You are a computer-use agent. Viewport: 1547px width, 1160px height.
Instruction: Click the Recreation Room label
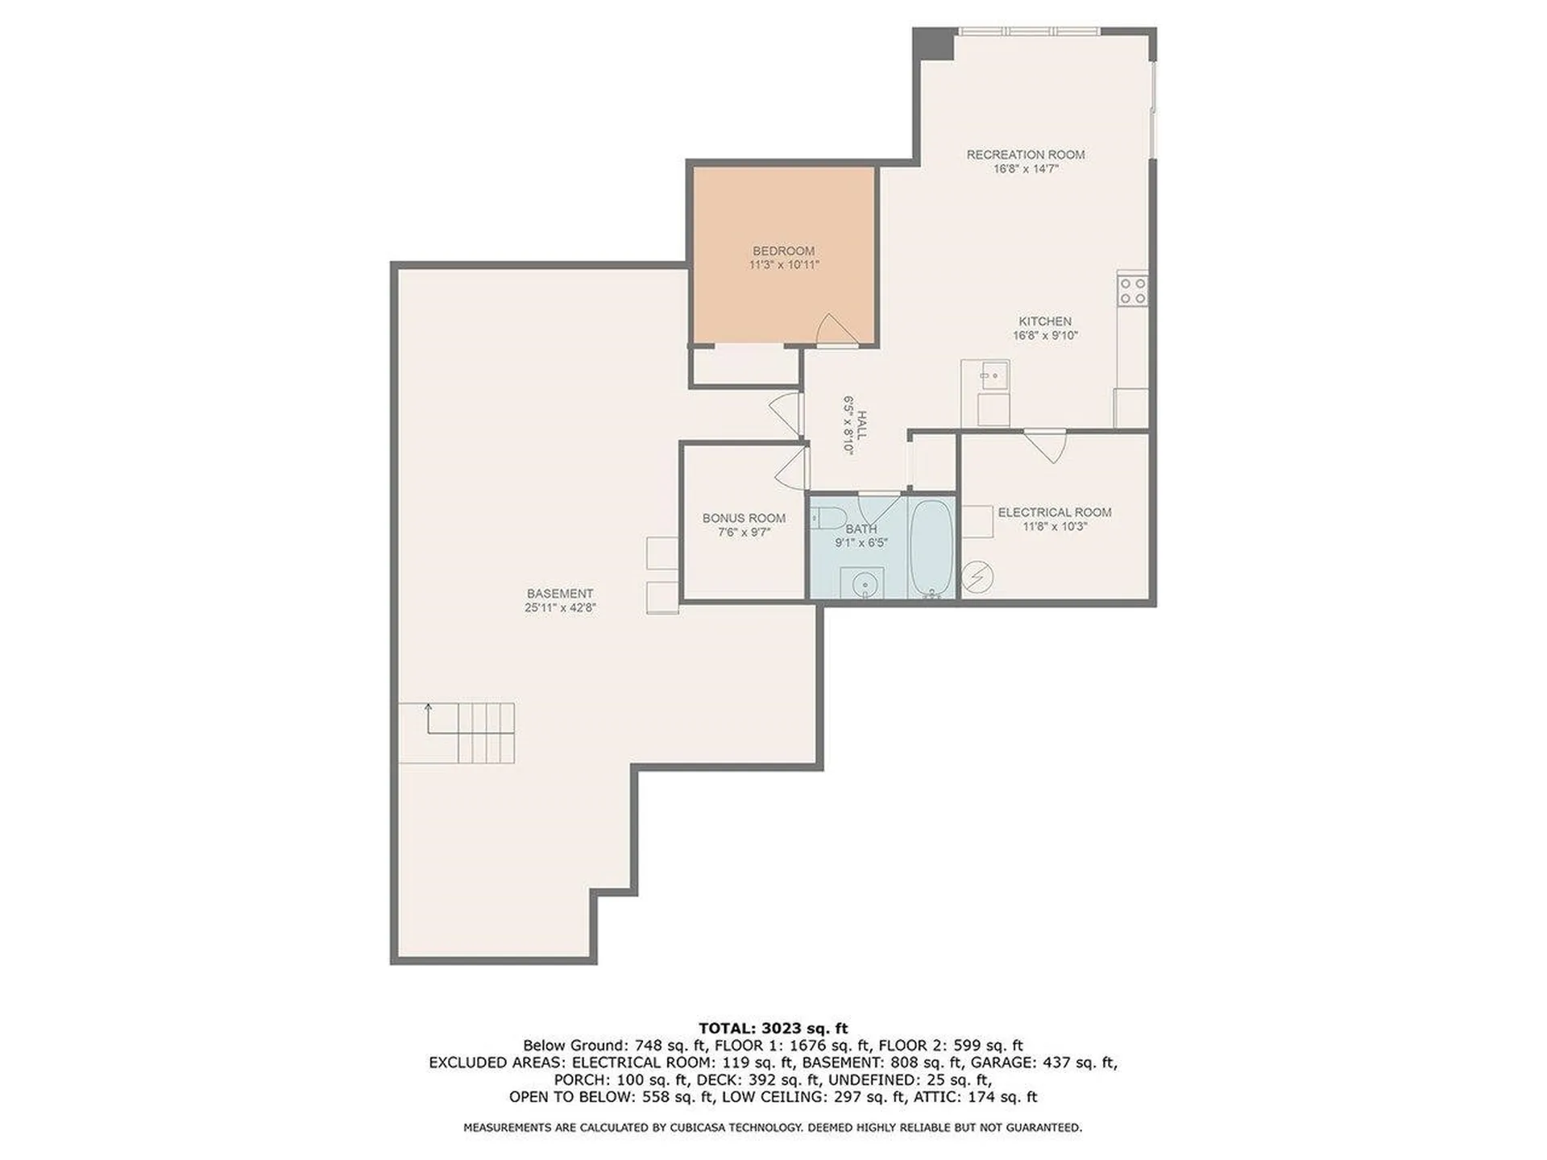tap(1026, 155)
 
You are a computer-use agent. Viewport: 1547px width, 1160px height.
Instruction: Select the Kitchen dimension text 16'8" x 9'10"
tap(1045, 336)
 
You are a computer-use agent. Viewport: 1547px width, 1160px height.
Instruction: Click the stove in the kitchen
tap(1132, 289)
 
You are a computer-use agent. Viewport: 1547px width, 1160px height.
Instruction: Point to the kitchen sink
tap(994, 375)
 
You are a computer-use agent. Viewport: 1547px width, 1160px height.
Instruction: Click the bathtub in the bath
tap(931, 549)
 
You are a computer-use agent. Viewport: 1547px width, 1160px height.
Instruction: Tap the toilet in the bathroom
tap(826, 517)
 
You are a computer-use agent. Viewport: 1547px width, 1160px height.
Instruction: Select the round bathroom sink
tap(862, 582)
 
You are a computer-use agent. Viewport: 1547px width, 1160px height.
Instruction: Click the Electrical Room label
tap(1055, 512)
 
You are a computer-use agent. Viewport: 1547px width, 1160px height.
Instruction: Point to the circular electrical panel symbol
tap(977, 576)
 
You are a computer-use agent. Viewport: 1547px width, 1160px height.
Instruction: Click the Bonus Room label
tap(744, 519)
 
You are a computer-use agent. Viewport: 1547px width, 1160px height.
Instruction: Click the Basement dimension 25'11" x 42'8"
tap(560, 608)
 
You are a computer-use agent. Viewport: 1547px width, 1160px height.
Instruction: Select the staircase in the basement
tap(457, 733)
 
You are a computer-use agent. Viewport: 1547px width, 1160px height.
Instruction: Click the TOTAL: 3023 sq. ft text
tap(773, 1028)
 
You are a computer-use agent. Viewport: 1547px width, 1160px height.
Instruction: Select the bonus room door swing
tap(791, 466)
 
